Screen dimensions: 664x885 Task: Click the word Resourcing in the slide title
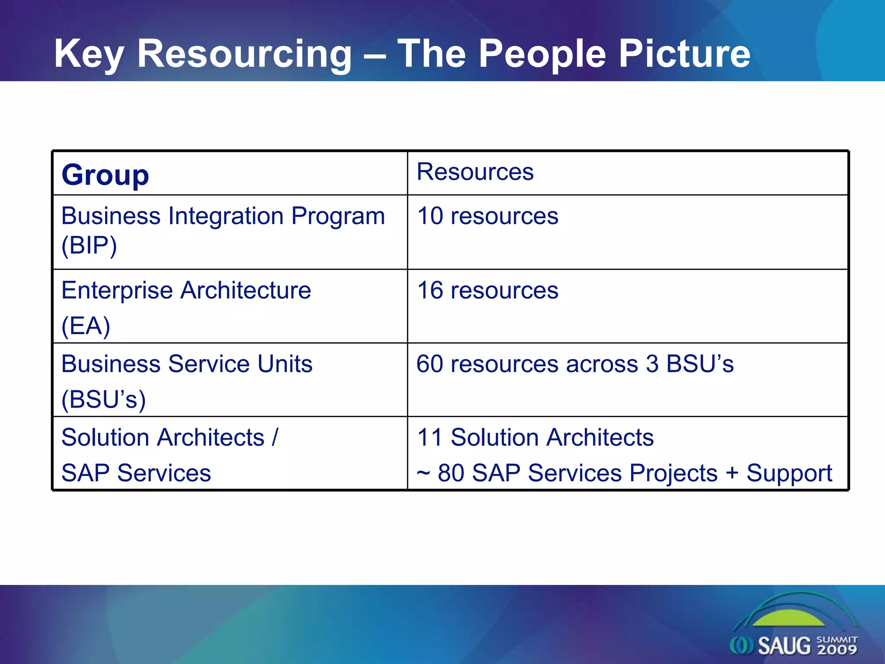tap(244, 54)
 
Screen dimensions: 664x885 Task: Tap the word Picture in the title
tap(684, 54)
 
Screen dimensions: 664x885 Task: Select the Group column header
tap(105, 175)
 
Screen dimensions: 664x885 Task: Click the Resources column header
tap(475, 172)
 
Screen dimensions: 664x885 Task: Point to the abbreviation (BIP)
tap(89, 246)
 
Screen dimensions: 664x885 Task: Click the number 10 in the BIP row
tap(430, 216)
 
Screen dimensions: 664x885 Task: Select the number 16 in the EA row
tap(430, 290)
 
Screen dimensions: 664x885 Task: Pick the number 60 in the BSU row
tap(430, 364)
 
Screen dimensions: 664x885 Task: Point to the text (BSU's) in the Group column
tap(103, 399)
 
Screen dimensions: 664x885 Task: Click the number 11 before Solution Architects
tap(430, 437)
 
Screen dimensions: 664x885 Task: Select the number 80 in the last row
tap(451, 473)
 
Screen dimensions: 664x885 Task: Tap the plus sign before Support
tap(732, 472)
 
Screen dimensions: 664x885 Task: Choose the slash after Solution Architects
tap(275, 437)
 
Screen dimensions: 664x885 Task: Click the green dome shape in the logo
tap(789, 618)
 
